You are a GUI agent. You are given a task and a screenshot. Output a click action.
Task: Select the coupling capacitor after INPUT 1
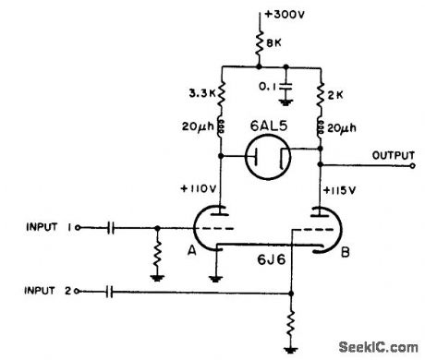[110, 227]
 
